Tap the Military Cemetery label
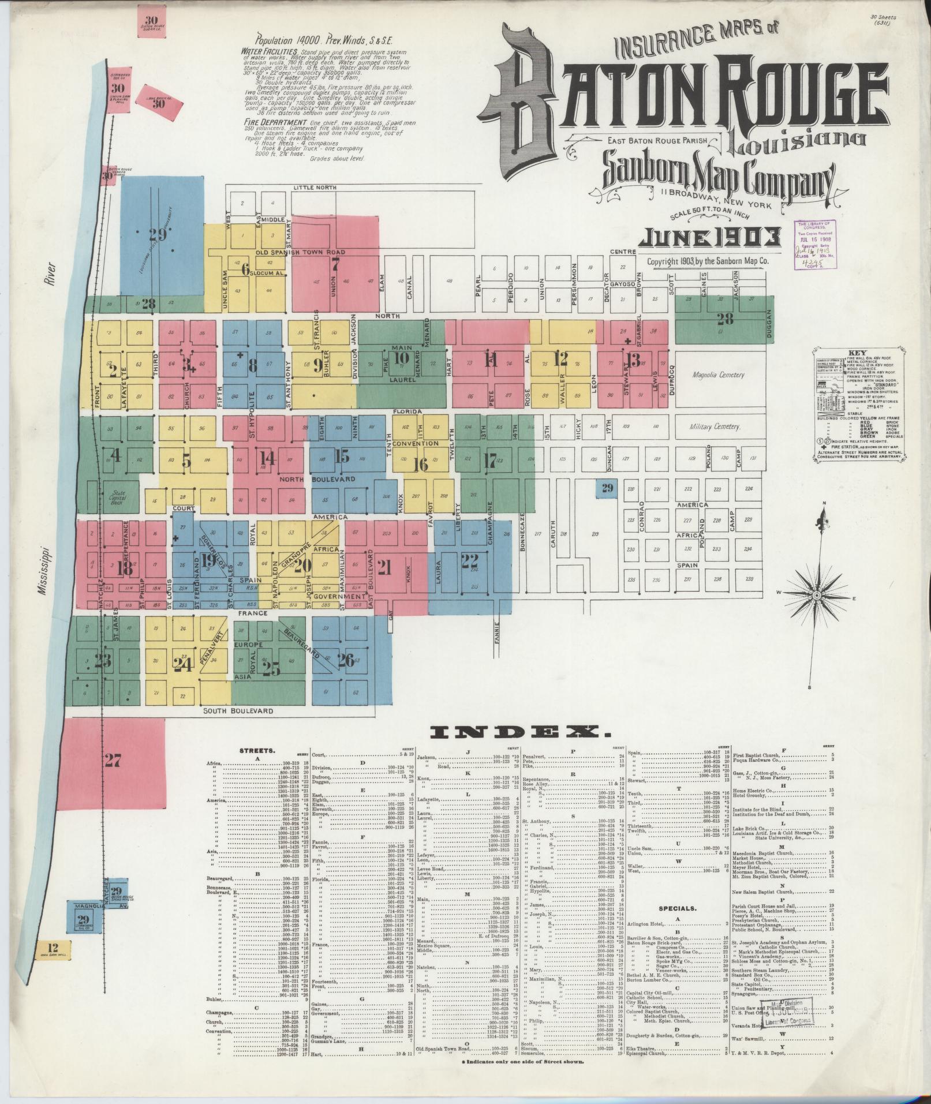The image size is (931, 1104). (x=715, y=426)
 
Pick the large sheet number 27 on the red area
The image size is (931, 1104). (x=113, y=761)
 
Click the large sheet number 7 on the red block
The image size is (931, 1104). (x=335, y=265)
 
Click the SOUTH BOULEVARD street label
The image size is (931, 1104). (x=238, y=711)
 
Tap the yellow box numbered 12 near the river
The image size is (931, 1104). (x=54, y=947)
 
